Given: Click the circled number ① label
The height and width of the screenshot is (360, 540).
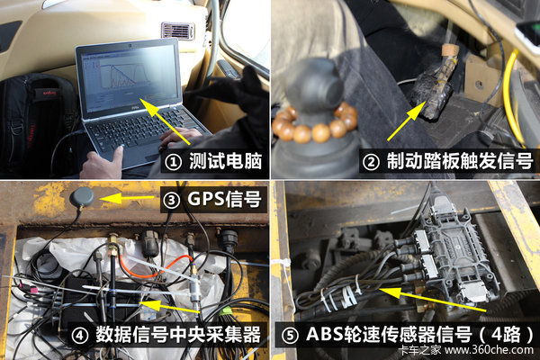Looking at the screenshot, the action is coord(173,162).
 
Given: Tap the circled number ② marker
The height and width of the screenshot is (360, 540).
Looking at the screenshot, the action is coord(371,162).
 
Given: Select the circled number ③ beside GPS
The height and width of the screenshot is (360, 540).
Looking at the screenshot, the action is coord(172,200).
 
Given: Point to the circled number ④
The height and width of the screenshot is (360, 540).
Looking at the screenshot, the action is coord(80,335).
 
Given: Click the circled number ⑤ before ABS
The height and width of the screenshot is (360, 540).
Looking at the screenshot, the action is coord(290,335).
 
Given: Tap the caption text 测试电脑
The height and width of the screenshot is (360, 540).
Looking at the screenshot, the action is coord(226,161).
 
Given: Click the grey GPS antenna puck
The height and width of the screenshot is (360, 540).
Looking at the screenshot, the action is coord(82,198).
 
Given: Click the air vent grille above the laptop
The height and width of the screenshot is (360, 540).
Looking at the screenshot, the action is coord(177,31).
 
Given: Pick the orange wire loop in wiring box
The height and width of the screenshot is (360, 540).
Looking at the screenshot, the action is coord(155,267).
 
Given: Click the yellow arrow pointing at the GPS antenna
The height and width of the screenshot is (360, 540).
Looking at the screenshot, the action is coord(127,198).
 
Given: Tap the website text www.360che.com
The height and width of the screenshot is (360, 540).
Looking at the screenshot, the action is coord(489,350).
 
